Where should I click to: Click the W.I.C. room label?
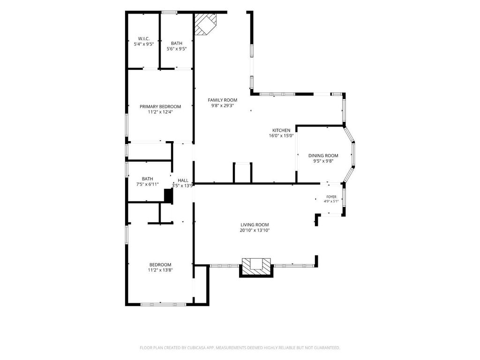[143, 38]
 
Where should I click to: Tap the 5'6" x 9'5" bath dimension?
[177, 49]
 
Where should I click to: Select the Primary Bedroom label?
[160, 106]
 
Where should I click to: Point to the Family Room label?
[223, 100]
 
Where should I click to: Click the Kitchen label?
[281, 130]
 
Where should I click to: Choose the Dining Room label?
[323, 156]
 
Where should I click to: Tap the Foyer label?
[331, 197]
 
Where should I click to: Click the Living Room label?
[255, 225]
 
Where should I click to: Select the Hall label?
[183, 180]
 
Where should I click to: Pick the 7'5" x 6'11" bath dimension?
[147, 184]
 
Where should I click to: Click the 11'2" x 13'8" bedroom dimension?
[160, 270]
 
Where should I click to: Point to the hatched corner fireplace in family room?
[205, 24]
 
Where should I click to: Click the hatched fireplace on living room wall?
[256, 268]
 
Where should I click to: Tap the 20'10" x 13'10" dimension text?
[255, 230]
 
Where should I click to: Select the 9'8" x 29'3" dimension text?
[223, 105]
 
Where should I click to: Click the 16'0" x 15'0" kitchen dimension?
[281, 136]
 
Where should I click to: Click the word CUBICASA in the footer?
[196, 348]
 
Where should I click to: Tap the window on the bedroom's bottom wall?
[163, 304]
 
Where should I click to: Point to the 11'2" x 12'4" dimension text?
[160, 112]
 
